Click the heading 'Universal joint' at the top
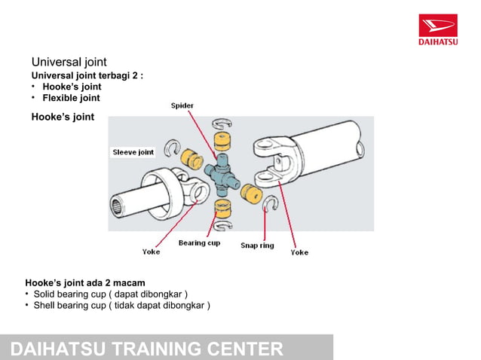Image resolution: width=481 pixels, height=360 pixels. [x=69, y=62]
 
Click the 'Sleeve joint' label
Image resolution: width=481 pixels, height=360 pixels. [x=133, y=152]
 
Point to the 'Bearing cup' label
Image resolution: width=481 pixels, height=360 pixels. [x=199, y=243]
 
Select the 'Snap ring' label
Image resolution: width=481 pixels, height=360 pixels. [x=257, y=246]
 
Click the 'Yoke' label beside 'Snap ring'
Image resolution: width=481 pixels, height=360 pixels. [x=299, y=252]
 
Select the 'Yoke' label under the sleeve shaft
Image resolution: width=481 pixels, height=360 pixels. [x=151, y=252]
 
